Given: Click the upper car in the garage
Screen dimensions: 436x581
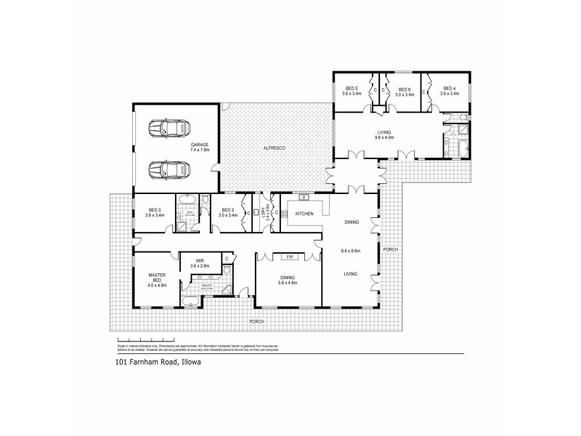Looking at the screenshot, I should [x=166, y=128].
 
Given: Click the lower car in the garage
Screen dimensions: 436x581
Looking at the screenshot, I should [x=166, y=170].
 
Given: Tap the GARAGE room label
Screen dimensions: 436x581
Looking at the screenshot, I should [x=200, y=145].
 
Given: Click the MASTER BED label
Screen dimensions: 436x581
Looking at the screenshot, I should [x=158, y=277].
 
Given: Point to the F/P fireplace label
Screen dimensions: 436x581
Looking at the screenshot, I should [x=289, y=257].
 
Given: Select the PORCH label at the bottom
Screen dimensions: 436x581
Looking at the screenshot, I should [x=256, y=321].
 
